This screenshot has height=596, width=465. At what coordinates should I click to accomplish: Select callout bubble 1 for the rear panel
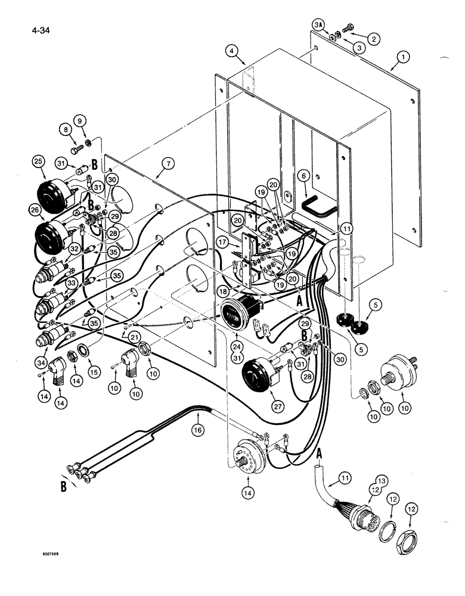click(x=403, y=58)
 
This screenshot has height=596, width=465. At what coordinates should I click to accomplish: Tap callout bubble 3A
click(x=318, y=25)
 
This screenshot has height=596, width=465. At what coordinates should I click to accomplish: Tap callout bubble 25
click(x=38, y=162)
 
